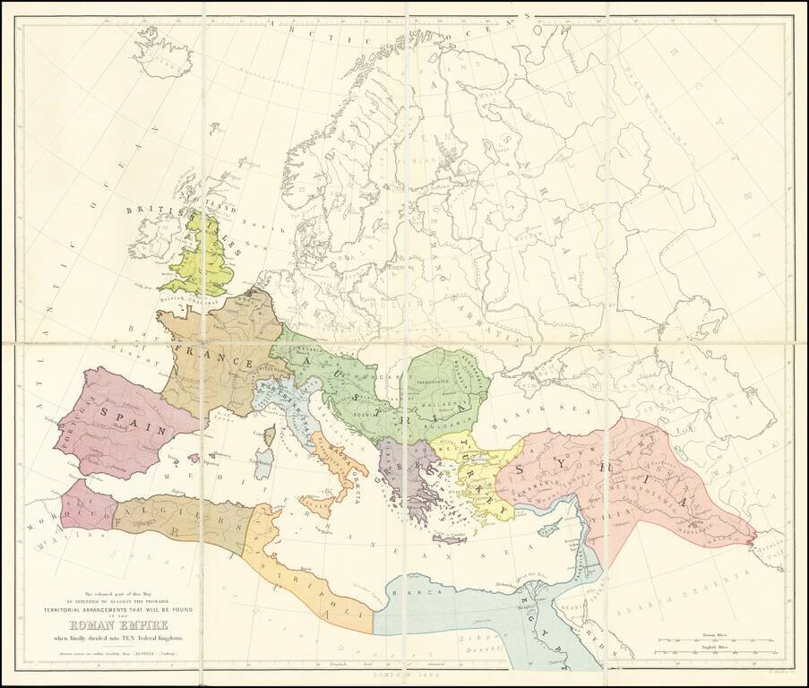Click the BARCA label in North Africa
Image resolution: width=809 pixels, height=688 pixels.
(413, 591)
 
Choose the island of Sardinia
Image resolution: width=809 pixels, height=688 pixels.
(264, 463)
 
